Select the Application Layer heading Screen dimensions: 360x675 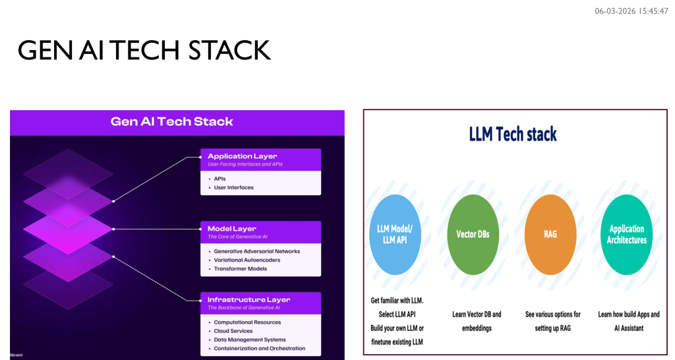[x=242, y=156]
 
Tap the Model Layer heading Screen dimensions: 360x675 [x=232, y=229]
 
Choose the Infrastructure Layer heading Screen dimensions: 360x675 [x=249, y=300]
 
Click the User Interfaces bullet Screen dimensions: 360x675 [x=233, y=188]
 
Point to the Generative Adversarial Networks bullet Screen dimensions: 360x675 [x=256, y=251]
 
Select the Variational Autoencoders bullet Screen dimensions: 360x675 [x=247, y=260]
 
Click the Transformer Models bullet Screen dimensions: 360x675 [x=241, y=269]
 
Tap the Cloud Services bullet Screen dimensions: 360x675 [x=233, y=331]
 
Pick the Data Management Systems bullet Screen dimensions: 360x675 [x=250, y=340]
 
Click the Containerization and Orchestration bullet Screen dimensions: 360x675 [x=259, y=349]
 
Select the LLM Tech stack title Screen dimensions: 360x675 [x=513, y=135]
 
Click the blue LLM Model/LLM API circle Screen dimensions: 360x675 [x=395, y=234]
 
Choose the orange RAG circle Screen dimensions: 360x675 [x=550, y=234]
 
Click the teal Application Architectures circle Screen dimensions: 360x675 [x=626, y=235]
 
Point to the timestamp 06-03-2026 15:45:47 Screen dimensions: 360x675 [x=631, y=11]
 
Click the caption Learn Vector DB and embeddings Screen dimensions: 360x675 [x=477, y=321]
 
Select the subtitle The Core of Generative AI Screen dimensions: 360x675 [x=237, y=237]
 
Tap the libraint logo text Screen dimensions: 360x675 [x=17, y=355]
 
